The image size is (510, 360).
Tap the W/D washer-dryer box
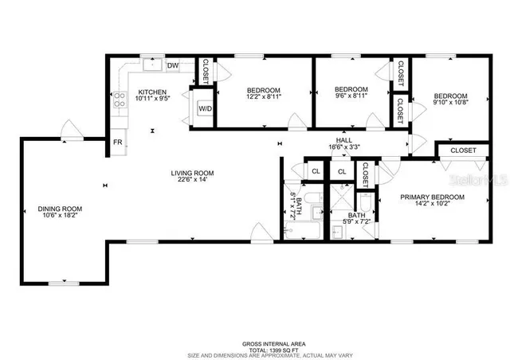pos(205,108)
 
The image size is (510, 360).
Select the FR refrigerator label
pos(118,143)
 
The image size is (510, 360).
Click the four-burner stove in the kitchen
pos(121,100)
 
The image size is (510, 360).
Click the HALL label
pos(344,140)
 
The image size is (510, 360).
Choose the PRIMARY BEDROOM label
pos(432,197)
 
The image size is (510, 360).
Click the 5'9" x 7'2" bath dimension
pos(356,222)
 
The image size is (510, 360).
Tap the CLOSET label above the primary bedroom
pos(463,151)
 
